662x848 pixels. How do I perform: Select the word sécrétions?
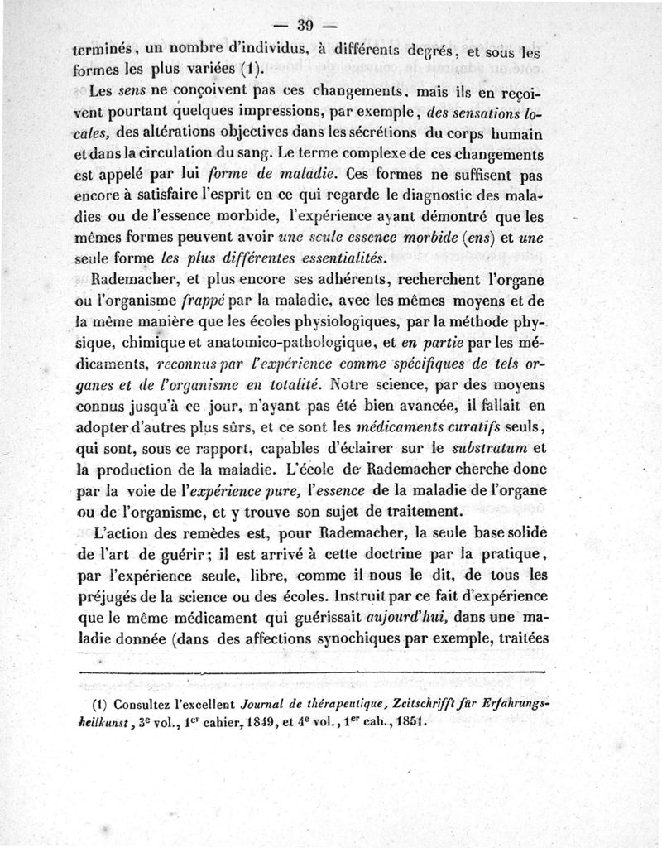click(x=384, y=133)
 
